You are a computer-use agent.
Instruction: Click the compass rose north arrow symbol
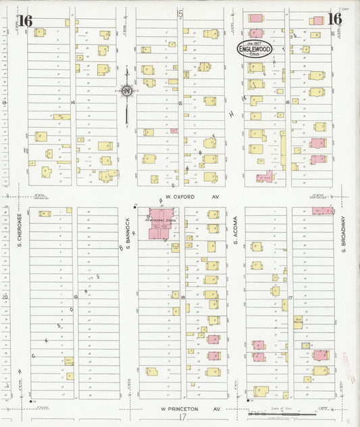click(x=126, y=91)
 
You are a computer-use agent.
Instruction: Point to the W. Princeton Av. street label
click(x=190, y=409)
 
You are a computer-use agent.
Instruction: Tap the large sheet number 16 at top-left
click(x=25, y=20)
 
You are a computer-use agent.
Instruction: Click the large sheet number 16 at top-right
click(x=334, y=19)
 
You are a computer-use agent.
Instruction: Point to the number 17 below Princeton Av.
click(x=182, y=418)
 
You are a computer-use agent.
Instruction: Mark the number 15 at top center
click(x=180, y=13)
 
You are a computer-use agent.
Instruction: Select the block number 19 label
click(x=76, y=297)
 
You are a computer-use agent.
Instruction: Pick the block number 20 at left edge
click(x=5, y=297)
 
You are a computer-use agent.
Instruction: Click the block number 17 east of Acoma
click(x=290, y=297)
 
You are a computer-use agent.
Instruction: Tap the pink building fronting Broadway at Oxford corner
click(x=327, y=210)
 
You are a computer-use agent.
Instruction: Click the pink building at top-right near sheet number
click(x=316, y=21)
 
